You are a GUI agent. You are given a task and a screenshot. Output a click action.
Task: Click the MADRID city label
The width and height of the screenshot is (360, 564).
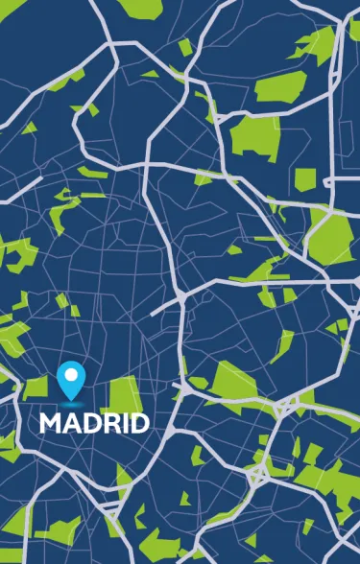[x=94, y=423]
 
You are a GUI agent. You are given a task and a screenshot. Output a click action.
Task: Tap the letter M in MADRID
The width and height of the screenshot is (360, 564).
[x=50, y=423]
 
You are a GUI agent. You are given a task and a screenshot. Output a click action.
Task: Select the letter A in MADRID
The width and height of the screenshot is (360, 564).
[x=69, y=423]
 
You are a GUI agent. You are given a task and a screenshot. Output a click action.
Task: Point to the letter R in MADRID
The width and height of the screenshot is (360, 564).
[x=108, y=423]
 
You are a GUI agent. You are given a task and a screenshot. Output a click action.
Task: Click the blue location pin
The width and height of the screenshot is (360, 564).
[x=70, y=378]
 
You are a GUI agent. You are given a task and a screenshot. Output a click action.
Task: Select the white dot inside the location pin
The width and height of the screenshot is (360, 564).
[x=70, y=372]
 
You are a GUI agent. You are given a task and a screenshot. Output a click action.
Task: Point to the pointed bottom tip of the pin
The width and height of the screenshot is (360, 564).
[x=70, y=396]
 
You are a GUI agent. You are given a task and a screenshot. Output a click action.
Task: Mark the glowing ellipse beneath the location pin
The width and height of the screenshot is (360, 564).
[x=70, y=401]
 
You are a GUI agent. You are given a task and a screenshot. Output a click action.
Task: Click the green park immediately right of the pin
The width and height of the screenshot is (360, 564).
[x=122, y=393]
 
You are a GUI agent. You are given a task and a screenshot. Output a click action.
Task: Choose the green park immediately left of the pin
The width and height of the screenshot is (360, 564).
[x=36, y=388]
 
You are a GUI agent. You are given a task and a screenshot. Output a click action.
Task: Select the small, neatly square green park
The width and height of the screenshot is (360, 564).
[x=304, y=179]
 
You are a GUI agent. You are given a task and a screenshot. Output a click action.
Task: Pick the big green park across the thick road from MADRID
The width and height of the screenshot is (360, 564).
[x=230, y=384]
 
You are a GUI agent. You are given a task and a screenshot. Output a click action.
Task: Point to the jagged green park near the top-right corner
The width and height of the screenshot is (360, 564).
[x=317, y=42]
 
